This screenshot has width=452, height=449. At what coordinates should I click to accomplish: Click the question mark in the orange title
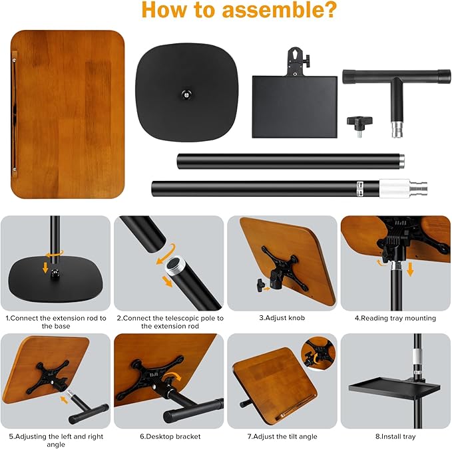pyautogui.click(x=328, y=9)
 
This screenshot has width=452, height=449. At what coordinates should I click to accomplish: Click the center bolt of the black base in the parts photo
pyautogui.click(x=186, y=94)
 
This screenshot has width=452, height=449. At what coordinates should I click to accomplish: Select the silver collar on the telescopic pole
pyautogui.click(x=394, y=188)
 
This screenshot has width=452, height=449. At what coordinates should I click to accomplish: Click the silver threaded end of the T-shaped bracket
pyautogui.click(x=396, y=129)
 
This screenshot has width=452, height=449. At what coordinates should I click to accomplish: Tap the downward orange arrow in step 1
pyautogui.click(x=45, y=267)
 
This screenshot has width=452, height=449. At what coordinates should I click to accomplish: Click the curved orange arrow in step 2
pyautogui.click(x=166, y=253)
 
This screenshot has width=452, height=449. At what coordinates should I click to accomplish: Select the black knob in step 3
pyautogui.click(x=260, y=285)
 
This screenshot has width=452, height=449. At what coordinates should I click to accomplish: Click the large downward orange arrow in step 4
pyautogui.click(x=410, y=269)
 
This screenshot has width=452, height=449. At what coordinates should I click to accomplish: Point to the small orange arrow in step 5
pyautogui.click(x=64, y=399)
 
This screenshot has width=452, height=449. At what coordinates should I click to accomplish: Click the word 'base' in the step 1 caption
pyautogui.click(x=63, y=326)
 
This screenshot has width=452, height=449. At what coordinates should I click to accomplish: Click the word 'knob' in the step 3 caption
pyautogui.click(x=297, y=318)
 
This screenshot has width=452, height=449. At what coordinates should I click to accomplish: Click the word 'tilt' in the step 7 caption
pyautogui.click(x=286, y=436)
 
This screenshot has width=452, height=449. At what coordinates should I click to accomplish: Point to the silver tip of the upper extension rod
pyautogui.click(x=401, y=161)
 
